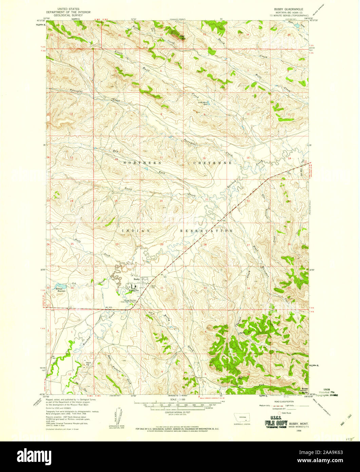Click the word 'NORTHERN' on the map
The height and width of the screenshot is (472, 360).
point(139,163)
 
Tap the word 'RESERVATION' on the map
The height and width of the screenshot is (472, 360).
point(206,231)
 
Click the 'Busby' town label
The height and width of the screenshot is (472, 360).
point(137,279)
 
